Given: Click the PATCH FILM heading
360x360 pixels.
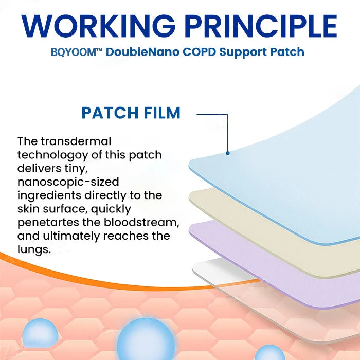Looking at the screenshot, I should click(131, 113).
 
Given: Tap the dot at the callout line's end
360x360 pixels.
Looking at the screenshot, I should click(227, 152).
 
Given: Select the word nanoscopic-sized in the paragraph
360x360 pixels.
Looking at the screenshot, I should click(67, 182).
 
